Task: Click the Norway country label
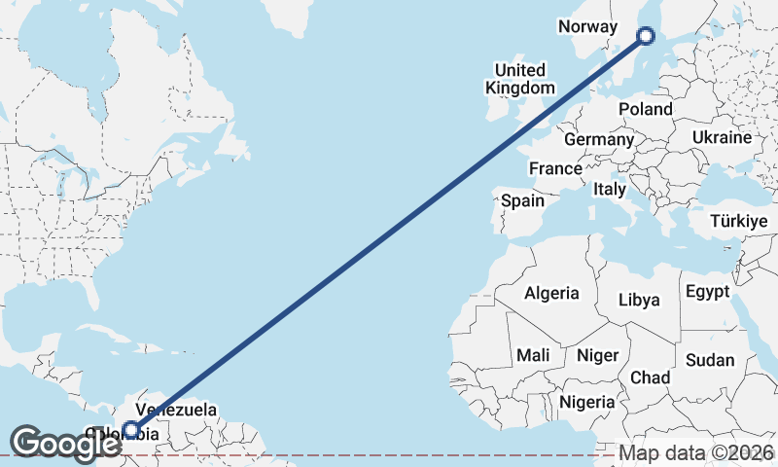click(x=588, y=26)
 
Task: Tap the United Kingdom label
click(x=520, y=79)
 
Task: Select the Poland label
click(x=645, y=109)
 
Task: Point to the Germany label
click(x=599, y=139)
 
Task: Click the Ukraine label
click(x=722, y=137)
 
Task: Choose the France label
click(x=555, y=168)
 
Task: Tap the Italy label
click(x=610, y=189)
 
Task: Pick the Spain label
click(x=522, y=201)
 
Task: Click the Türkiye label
click(x=739, y=222)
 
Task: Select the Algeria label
click(x=551, y=293)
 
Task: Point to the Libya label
click(x=639, y=299)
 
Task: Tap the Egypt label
click(x=707, y=291)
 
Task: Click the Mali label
click(x=534, y=355)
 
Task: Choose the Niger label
click(x=597, y=355)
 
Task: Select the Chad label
click(x=650, y=377)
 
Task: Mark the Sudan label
click(x=710, y=360)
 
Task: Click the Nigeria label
click(x=587, y=401)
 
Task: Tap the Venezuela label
click(x=176, y=410)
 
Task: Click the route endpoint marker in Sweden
click(x=646, y=37)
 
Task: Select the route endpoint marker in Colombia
click(x=131, y=429)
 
